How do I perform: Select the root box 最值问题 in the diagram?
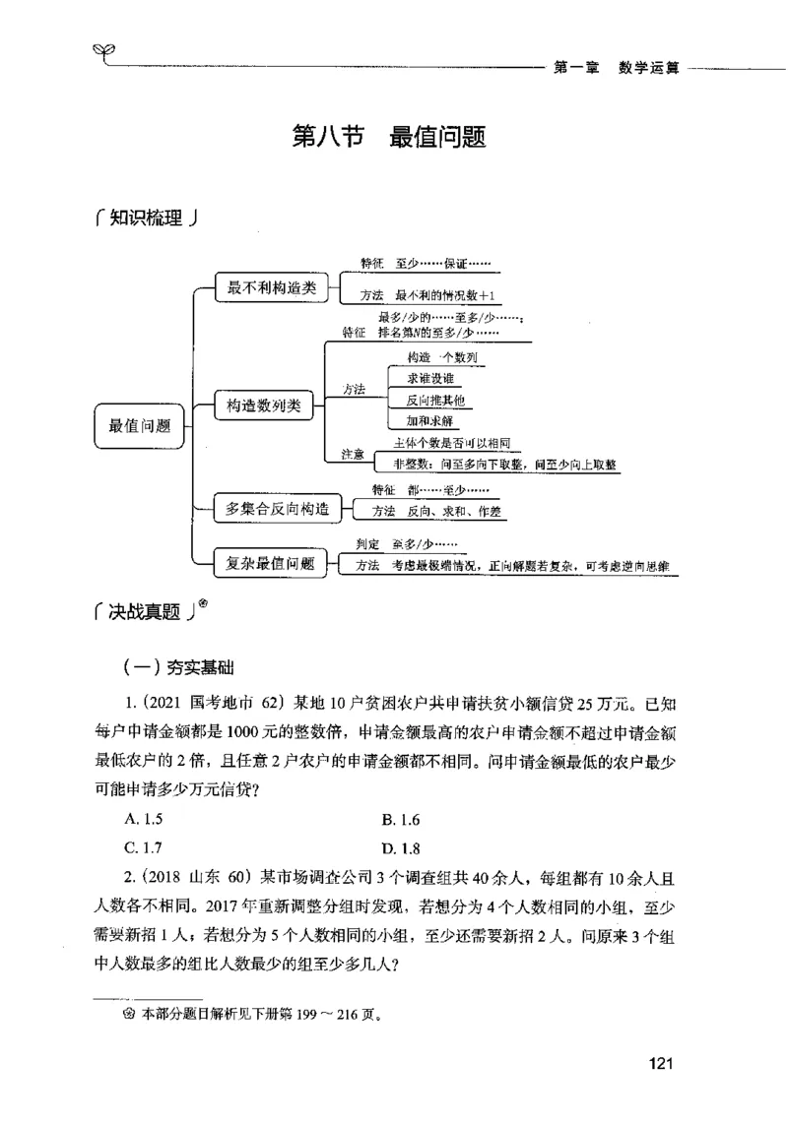(140, 425)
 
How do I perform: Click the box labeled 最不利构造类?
(271, 287)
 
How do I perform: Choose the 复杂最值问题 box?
(271, 563)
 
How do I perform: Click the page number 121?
(661, 1063)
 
